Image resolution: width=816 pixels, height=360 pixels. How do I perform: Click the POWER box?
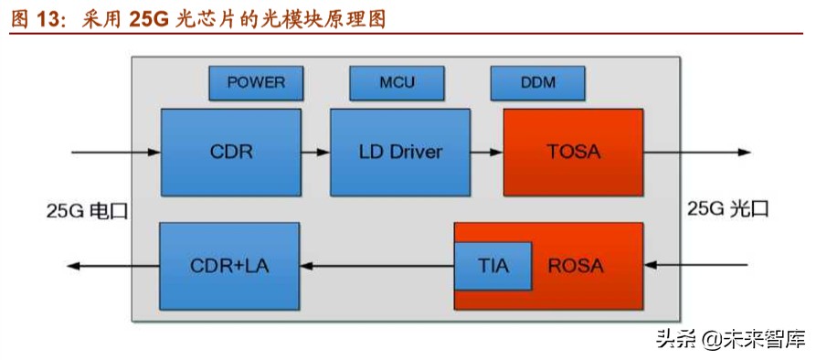pyautogui.click(x=256, y=82)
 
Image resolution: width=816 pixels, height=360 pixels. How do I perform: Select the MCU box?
pyautogui.click(x=397, y=82)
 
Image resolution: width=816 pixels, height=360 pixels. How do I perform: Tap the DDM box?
pyautogui.click(x=537, y=82)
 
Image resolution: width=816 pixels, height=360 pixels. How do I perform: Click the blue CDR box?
pyautogui.click(x=230, y=152)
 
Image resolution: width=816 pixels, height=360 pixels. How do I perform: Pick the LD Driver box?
pyautogui.click(x=399, y=152)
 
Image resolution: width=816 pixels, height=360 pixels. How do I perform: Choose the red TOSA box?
pyautogui.click(x=574, y=152)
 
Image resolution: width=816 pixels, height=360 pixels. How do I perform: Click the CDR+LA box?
pyautogui.click(x=229, y=265)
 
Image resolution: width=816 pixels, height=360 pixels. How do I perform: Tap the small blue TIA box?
pyautogui.click(x=493, y=265)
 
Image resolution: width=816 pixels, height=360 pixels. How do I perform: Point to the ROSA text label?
pyautogui.click(x=576, y=266)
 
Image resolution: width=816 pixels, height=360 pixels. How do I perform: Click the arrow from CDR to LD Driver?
pyautogui.click(x=315, y=152)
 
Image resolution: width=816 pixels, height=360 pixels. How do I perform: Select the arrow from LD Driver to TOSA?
pyautogui.click(x=485, y=152)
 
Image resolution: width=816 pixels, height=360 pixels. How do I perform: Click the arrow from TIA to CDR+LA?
pyautogui.click(x=376, y=266)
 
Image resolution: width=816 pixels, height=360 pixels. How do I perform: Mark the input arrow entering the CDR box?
pyautogui.click(x=115, y=152)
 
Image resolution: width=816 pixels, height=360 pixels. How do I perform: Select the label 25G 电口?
pyautogui.click(x=88, y=210)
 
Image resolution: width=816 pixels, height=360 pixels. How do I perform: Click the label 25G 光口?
pyautogui.click(x=728, y=208)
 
